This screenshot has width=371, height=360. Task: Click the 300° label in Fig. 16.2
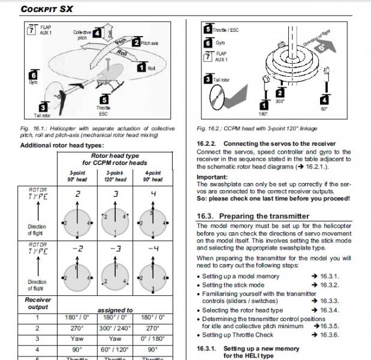280,102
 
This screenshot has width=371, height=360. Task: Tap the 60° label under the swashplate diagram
324,109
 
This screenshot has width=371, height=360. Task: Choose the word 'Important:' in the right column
213,177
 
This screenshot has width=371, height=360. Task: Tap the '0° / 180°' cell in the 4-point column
153,339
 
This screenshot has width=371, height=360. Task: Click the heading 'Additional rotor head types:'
63,145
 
